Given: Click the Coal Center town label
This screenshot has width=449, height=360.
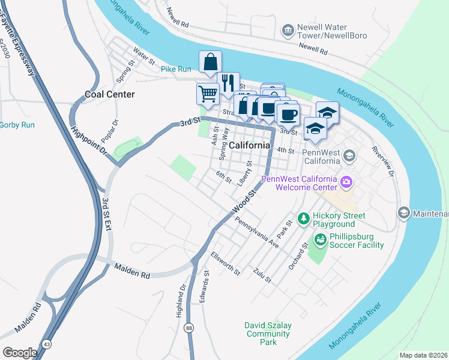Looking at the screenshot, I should [x=109, y=94].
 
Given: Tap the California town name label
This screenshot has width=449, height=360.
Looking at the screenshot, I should [x=249, y=145].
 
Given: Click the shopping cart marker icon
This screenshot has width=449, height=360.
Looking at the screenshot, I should [x=208, y=94].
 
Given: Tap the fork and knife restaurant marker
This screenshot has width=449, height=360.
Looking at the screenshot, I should [x=228, y=83].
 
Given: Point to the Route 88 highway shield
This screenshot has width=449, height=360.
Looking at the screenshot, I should [x=189, y=328].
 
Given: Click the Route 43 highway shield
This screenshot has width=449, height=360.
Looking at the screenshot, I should [x=46, y=344].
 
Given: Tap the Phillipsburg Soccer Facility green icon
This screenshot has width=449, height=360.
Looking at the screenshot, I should [x=320, y=241].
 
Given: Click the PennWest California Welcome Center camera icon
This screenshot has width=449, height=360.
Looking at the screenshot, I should [x=346, y=182].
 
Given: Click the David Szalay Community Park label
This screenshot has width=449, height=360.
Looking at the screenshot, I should [x=268, y=334].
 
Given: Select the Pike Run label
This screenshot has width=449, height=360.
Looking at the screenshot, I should [x=176, y=69].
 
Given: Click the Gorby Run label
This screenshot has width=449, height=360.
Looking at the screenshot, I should [x=17, y=125].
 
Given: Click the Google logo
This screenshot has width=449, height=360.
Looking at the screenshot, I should [x=20, y=352].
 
